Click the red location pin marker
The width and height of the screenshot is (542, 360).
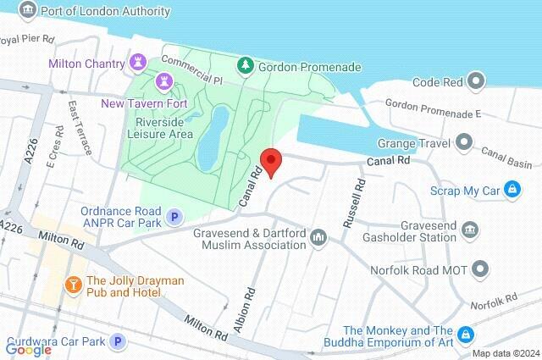(x=270, y=161)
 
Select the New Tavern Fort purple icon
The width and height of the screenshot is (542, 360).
(x=163, y=82)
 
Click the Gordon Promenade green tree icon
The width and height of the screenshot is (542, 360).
(x=244, y=64)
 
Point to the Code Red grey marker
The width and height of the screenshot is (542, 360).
(x=478, y=82)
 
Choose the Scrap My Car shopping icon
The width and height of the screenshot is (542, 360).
(x=512, y=190)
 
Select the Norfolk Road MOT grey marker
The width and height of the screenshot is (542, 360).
(x=480, y=270)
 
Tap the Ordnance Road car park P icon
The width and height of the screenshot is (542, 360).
(x=174, y=218)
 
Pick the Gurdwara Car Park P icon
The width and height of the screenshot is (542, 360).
(x=119, y=342)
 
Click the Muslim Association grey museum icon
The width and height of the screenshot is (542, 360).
(x=318, y=237)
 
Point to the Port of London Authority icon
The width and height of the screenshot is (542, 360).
(x=27, y=11)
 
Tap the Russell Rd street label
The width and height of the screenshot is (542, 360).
(x=355, y=204)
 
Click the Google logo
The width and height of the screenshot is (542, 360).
(x=28, y=349)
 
